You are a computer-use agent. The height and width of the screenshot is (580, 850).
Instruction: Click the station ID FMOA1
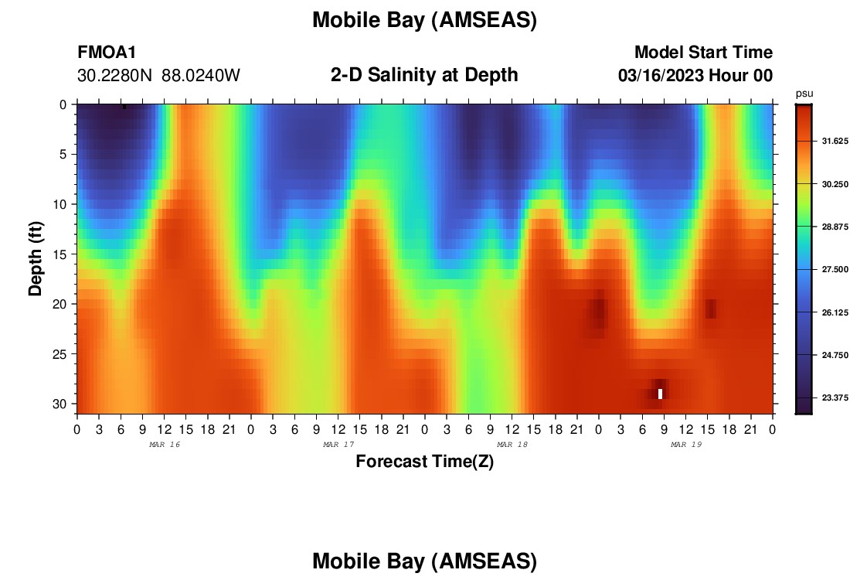(x=107, y=52)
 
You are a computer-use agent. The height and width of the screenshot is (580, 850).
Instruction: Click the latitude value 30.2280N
(x=114, y=76)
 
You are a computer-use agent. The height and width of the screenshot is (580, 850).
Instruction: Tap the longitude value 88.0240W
(x=201, y=76)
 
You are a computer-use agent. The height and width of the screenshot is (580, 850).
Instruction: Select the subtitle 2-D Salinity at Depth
(x=424, y=75)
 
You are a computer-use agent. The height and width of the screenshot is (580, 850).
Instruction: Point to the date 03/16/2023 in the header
(x=661, y=76)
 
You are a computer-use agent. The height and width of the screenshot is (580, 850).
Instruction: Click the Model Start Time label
(x=703, y=52)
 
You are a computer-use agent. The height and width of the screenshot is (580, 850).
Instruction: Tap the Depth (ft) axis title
(x=36, y=258)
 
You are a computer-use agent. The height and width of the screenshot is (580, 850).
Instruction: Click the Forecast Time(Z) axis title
(x=424, y=461)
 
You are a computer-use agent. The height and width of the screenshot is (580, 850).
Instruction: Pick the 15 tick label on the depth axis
(x=59, y=254)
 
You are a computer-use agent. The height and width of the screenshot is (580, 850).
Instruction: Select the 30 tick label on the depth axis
(x=59, y=404)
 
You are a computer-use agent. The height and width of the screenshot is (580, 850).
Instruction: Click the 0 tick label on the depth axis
(x=63, y=104)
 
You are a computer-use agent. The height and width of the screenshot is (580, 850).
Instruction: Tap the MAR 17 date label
(x=338, y=445)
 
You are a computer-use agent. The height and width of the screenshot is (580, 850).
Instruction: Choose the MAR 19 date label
(x=686, y=445)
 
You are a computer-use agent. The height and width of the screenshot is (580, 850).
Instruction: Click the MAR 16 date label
(x=165, y=445)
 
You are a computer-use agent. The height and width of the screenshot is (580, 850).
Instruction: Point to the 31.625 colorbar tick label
(x=835, y=141)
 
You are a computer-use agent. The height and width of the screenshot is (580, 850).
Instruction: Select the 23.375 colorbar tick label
(x=835, y=397)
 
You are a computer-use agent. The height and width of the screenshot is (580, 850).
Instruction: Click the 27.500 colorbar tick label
(x=835, y=270)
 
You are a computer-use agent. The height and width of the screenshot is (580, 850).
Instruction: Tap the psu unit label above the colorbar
(x=804, y=94)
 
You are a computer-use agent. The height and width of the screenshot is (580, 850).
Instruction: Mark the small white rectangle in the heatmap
(x=660, y=394)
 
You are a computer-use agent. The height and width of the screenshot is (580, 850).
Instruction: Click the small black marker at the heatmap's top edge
(x=124, y=107)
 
